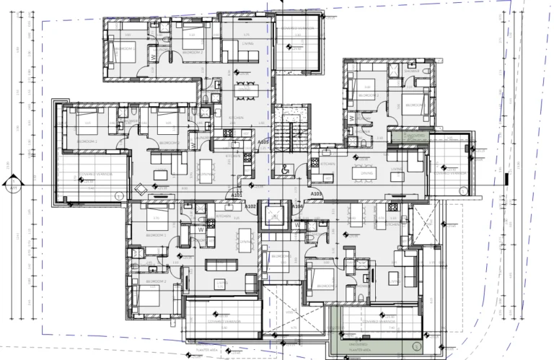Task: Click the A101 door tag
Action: click(x=235, y=195)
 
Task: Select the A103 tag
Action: click(x=315, y=195)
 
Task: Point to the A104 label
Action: click(x=296, y=207)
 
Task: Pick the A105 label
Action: click(x=263, y=143)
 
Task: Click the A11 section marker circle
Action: click(x=14, y=188)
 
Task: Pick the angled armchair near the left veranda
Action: click(x=139, y=189)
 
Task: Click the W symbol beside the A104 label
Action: click(x=296, y=224)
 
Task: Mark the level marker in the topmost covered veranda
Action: click(x=289, y=48)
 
